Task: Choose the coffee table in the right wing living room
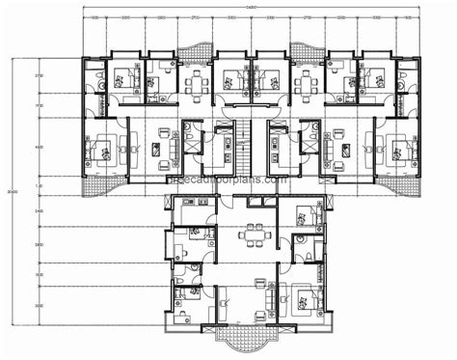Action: [x=343, y=151]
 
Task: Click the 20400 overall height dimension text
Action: [x=11, y=193]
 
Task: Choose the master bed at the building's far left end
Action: [x=101, y=149]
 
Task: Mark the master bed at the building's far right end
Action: [x=398, y=149]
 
